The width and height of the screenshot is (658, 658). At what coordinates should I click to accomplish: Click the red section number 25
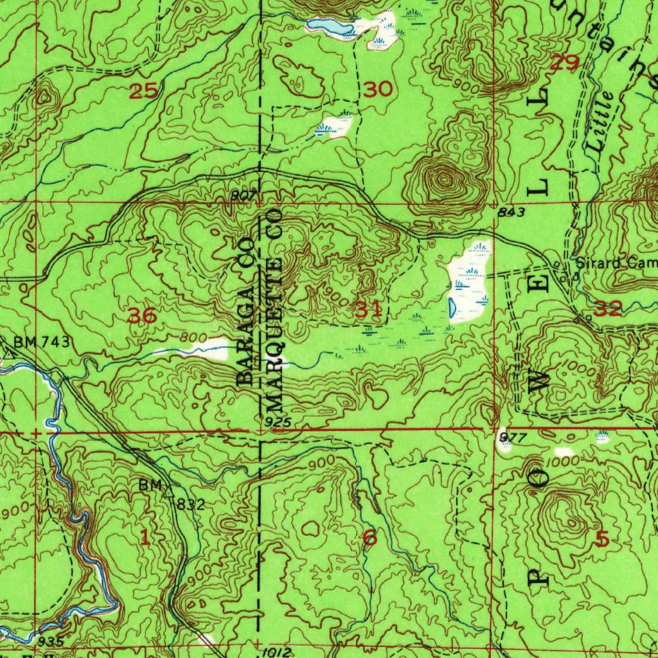pyautogui.click(x=145, y=91)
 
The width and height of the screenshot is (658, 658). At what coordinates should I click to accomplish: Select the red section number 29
pyautogui.click(x=565, y=63)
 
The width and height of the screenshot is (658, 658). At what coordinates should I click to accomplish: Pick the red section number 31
pyautogui.click(x=369, y=311)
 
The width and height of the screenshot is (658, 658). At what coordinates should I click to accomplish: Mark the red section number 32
pyautogui.click(x=608, y=309)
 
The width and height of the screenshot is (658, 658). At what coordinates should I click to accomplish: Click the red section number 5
pyautogui.click(x=602, y=540)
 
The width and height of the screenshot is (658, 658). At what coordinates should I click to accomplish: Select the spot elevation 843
pyautogui.click(x=511, y=213)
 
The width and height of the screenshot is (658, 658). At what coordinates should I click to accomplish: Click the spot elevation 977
pyautogui.click(x=512, y=438)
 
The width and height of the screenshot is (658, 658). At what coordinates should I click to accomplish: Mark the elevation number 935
pyautogui.click(x=50, y=641)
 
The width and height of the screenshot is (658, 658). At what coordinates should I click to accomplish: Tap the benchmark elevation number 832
pyautogui.click(x=191, y=505)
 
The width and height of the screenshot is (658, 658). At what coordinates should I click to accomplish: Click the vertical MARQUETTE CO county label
pyautogui.click(x=274, y=309)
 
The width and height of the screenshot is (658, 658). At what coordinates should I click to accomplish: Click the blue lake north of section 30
pyautogui.click(x=328, y=26)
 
